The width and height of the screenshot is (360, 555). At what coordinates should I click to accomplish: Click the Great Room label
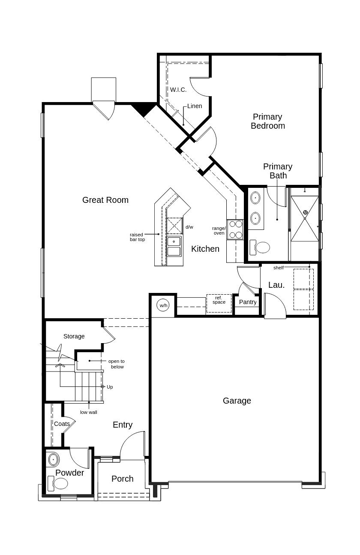[x=105, y=200]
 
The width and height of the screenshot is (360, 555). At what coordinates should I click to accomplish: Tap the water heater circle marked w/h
[x=163, y=305]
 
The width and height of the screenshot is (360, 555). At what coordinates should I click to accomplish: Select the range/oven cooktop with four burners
[x=235, y=229]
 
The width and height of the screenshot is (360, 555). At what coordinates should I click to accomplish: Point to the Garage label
[x=237, y=401]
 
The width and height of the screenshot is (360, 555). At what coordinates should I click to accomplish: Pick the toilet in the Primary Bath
[x=260, y=247]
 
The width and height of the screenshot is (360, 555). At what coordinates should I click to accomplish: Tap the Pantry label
[x=248, y=302]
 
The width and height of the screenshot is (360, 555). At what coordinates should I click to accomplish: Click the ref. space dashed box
[x=219, y=303]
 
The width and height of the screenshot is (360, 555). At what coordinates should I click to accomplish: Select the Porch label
[x=122, y=478]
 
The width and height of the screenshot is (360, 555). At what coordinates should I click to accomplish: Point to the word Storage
[x=74, y=336]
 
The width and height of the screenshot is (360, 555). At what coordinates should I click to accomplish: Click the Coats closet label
[x=62, y=424]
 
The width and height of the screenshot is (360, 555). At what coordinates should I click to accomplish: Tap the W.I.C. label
[x=178, y=90]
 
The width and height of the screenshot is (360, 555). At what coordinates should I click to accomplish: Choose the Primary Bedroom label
[x=268, y=121]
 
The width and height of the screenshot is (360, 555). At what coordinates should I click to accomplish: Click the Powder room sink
[x=53, y=459]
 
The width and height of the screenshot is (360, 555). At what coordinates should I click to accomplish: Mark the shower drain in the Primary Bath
[x=305, y=212]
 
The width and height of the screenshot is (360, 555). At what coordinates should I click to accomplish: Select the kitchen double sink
[x=174, y=247]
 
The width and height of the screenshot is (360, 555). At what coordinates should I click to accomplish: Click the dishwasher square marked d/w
[x=174, y=226]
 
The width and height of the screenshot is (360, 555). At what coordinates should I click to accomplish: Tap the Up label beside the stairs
[x=110, y=387]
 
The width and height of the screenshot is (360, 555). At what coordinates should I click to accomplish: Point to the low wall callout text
[x=88, y=412]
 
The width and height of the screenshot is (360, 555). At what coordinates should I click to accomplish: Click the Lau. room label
[x=276, y=285]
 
